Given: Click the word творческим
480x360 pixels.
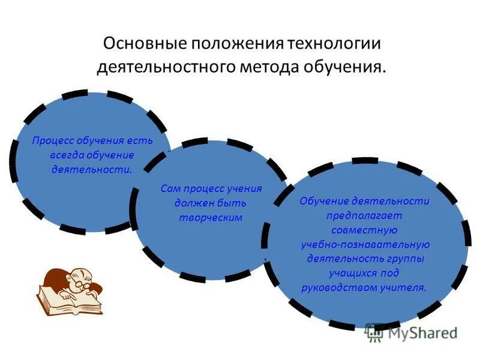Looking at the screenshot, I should pos(211,217).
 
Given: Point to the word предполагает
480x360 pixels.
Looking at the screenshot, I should pos(364,215).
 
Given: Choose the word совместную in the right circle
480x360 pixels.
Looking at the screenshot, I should pos(364,230).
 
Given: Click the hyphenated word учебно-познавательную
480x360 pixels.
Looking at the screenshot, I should pos(365,244).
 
